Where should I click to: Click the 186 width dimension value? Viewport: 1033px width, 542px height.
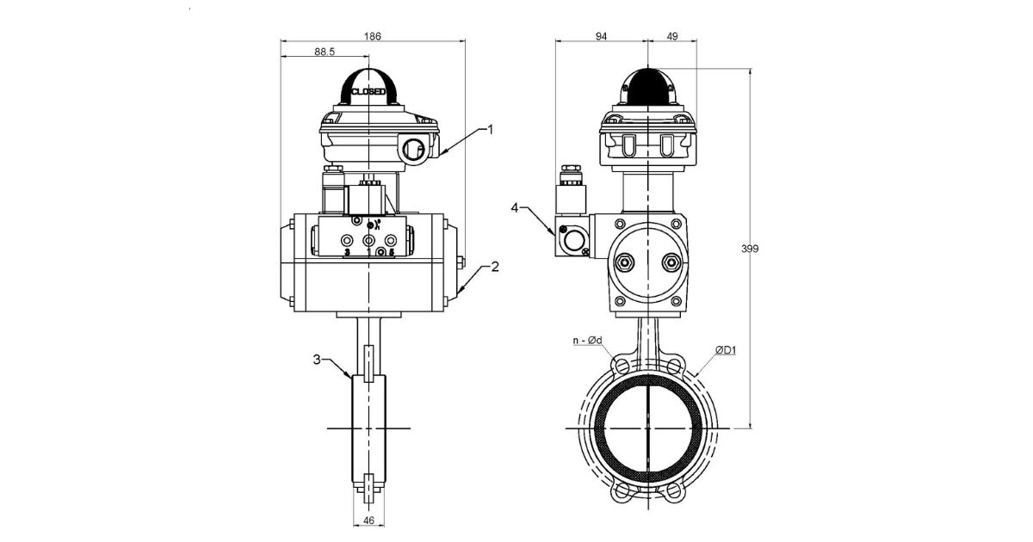coord(373,36)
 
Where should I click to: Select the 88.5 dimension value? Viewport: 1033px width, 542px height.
coord(324,52)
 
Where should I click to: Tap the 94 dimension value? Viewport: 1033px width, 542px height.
coord(601,36)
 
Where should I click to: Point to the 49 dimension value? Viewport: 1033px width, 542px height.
coord(672,36)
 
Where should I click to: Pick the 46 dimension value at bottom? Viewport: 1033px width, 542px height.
coord(368,521)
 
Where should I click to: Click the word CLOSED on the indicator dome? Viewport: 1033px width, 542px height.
coord(368,90)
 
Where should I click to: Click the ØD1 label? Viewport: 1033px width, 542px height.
coord(727,350)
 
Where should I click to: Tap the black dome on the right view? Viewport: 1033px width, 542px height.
coord(646,87)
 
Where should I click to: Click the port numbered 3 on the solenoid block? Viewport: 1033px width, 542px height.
coord(348,242)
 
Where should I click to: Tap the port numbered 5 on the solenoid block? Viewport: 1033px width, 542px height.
coord(392,242)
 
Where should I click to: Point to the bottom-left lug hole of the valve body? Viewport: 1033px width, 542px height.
coord(620,494)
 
